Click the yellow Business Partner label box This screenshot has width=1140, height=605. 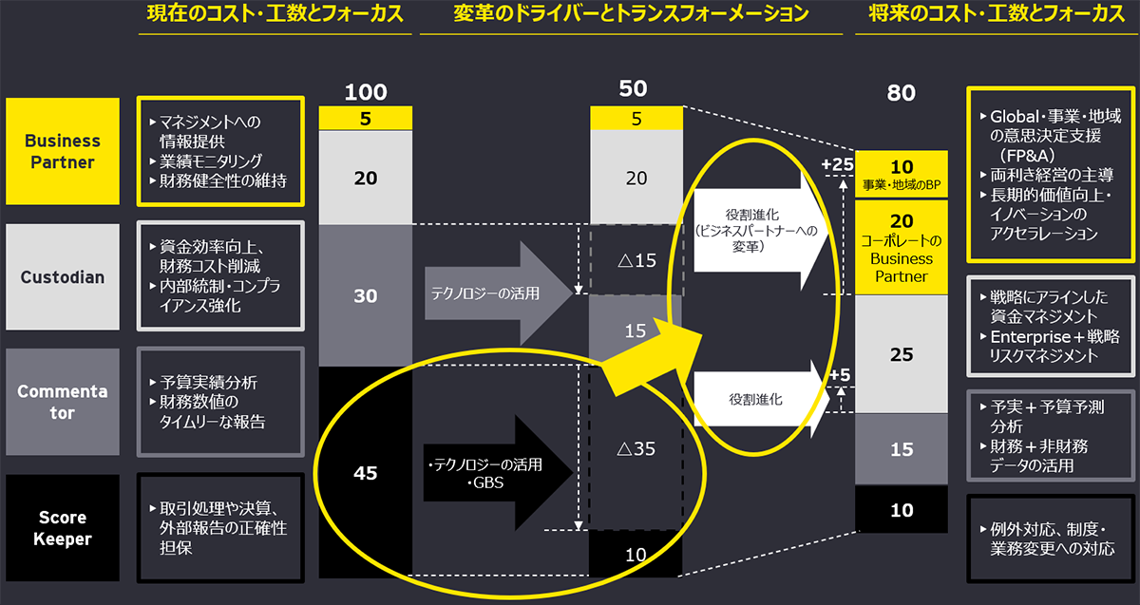pos(62,151)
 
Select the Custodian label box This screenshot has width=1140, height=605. pos(62,277)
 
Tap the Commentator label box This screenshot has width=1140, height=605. pos(62,402)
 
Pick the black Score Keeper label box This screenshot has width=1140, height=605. pos(62,528)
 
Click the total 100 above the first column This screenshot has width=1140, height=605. pos(366,92)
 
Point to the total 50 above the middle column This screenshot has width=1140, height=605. pos(633,89)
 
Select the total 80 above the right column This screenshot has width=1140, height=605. pos(901,93)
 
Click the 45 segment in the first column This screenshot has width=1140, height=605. pos(366,472)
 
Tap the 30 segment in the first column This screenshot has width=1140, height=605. pos(366,295)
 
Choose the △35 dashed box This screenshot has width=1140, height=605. pos(636,447)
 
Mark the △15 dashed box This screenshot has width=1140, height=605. pos(636,259)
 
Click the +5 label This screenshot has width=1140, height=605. pos(840,376)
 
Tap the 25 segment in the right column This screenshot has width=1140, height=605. pos(902,354)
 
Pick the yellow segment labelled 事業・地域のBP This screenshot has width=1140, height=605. pos(902,173)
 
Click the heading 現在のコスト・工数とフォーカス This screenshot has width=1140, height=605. pos(269,14)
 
